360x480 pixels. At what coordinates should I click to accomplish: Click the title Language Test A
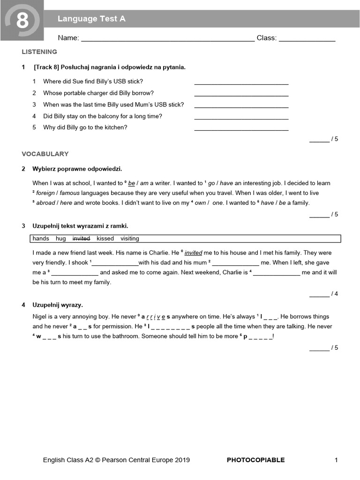pos(91,19)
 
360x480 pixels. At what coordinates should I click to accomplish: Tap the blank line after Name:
pos(168,39)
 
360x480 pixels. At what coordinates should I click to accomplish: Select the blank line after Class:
pos(307,39)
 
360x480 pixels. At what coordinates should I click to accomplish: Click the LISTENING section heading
pos(39,52)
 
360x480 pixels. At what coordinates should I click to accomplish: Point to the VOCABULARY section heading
pos(45,154)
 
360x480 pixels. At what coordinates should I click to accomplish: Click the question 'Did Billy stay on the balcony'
pos(102,116)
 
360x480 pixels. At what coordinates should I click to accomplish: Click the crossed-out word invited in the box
pos(81,239)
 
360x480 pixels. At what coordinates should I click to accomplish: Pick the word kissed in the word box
pos(105,239)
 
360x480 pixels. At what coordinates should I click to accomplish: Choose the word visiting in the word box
pos(130,239)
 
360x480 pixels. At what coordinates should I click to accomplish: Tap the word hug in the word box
pos(61,239)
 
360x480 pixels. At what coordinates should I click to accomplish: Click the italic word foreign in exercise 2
pos(45,193)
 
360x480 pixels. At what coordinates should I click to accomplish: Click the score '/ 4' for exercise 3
pos(334,294)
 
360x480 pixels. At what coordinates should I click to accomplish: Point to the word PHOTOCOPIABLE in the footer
pos(255,460)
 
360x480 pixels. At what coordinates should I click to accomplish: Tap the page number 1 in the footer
pos(336,460)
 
